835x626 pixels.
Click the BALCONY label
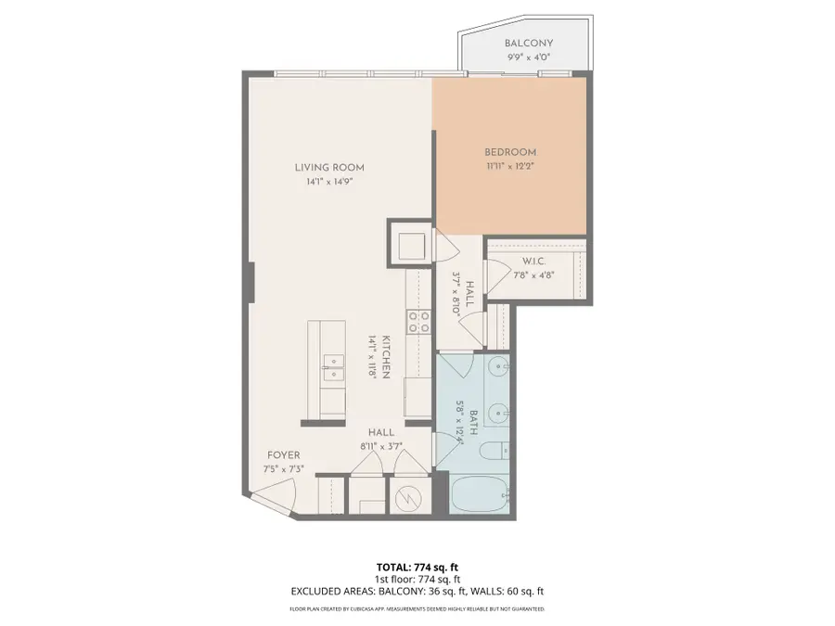[529, 44]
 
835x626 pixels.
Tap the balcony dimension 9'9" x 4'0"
[529, 57]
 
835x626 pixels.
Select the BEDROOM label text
[510, 152]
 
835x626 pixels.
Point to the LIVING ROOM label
[329, 168]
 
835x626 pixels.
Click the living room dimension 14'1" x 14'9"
[329, 182]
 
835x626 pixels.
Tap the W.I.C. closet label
[533, 261]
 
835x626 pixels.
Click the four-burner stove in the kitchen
[419, 321]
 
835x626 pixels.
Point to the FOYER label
[284, 455]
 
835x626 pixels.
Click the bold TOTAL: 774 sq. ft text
[417, 566]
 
